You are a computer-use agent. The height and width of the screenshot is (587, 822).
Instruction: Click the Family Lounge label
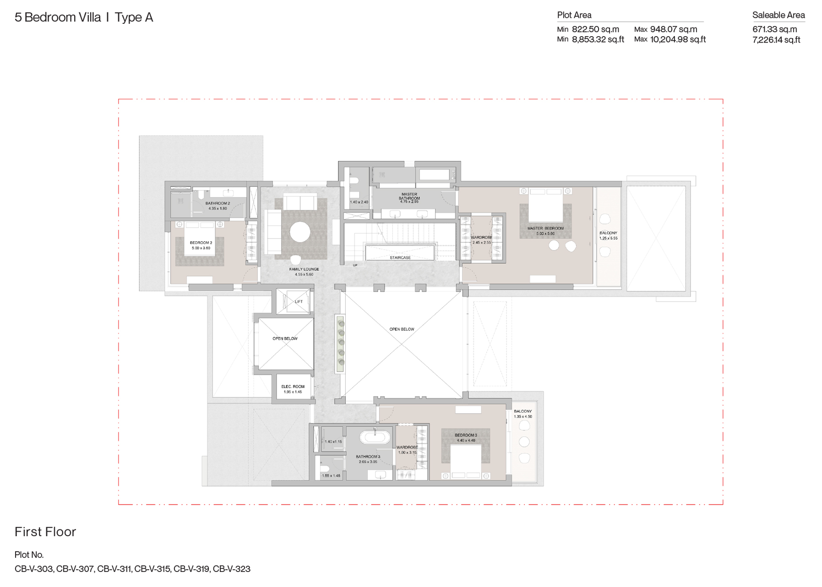pos(304,269)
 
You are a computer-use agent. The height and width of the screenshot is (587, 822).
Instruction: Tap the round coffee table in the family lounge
pos(299,232)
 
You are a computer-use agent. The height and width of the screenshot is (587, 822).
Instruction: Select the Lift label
pos(299,302)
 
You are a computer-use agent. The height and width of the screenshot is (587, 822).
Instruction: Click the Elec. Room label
pos(293,386)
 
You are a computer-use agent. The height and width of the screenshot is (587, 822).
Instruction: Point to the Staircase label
pos(400,258)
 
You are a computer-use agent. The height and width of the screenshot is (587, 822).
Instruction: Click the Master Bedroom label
pos(545,228)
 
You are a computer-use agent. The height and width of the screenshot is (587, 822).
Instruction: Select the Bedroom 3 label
pos(466,435)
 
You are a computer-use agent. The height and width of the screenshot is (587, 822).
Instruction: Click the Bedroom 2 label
pos(201,243)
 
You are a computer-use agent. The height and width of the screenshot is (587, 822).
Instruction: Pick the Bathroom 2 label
pos(218,203)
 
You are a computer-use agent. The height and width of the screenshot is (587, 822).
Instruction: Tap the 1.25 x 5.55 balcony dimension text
pos(608,239)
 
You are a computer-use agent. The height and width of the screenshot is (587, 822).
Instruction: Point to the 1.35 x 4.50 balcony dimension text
pos(523,417)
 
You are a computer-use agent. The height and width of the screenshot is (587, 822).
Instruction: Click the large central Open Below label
pos(402,329)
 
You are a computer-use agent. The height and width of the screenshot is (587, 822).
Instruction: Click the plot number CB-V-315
pos(152,569)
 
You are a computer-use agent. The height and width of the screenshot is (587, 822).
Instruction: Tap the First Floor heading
pos(45,532)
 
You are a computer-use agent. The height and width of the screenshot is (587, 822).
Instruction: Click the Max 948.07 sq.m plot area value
pos(673,29)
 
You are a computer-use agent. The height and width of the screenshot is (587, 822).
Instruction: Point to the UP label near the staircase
pos(355,265)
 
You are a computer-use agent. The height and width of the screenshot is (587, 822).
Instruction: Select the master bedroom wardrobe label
pos(481,238)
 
